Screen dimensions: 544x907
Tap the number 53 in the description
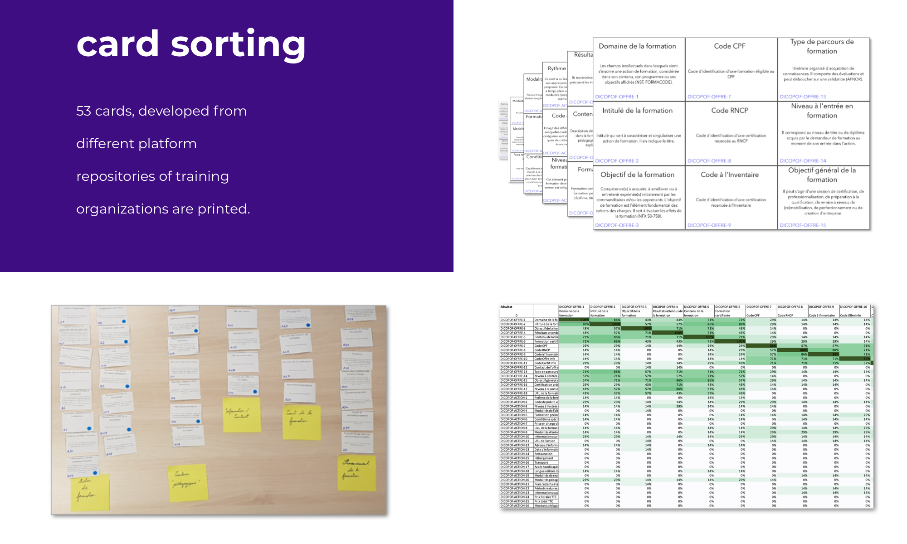(83, 111)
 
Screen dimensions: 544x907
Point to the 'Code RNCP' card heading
(729, 111)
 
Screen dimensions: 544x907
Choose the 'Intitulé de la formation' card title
(637, 111)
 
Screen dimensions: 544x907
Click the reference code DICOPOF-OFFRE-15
(803, 225)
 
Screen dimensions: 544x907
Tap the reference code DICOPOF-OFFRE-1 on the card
(616, 97)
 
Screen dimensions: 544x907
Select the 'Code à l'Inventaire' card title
(729, 175)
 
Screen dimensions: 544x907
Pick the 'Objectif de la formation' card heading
(637, 175)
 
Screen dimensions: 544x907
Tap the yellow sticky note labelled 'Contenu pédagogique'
(187, 482)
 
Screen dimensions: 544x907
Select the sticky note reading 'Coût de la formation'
(301, 422)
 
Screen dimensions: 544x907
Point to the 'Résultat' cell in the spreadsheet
(506, 307)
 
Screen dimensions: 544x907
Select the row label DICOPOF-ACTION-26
(515, 506)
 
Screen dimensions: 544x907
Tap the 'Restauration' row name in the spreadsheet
(543, 454)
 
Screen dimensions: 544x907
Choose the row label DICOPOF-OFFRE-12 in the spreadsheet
(514, 368)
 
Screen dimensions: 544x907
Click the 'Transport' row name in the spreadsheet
(541, 462)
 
